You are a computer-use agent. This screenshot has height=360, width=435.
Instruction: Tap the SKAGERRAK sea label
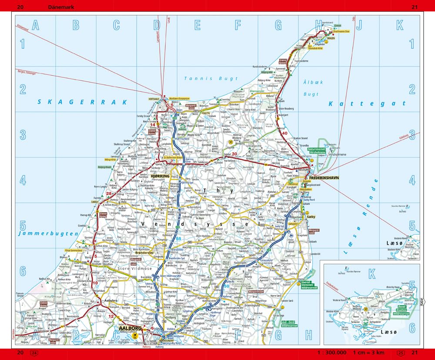click(82, 102)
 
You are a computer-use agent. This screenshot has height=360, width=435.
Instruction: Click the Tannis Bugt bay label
click(211, 79)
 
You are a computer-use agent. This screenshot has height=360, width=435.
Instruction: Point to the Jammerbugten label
click(48, 233)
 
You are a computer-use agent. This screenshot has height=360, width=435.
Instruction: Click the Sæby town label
click(311, 216)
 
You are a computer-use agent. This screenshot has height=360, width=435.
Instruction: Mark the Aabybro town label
click(109, 300)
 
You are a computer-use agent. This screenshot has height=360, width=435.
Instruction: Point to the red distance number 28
click(108, 194)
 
